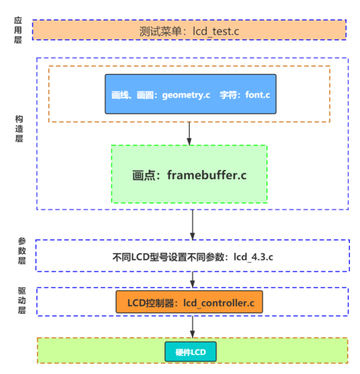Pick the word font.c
pos(257,94)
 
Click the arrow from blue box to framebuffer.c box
pos(189,133)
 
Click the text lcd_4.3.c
pos(253,256)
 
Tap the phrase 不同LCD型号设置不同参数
pos(170,256)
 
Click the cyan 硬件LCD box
pos(190,353)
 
